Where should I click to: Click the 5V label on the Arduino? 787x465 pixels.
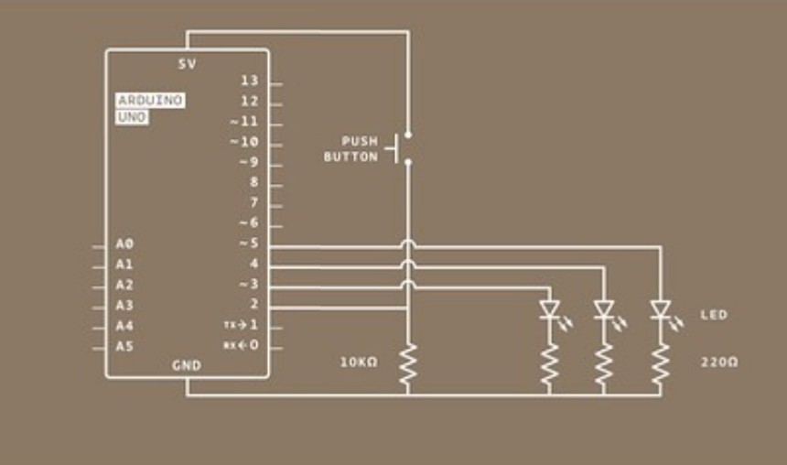click(x=188, y=64)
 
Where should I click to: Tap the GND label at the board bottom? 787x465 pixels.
click(x=187, y=365)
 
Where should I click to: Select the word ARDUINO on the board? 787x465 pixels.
click(x=150, y=100)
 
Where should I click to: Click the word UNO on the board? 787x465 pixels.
click(x=132, y=117)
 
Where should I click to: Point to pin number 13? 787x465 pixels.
click(x=250, y=81)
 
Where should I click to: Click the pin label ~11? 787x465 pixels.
click(x=244, y=121)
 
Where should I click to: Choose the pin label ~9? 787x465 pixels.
click(x=248, y=162)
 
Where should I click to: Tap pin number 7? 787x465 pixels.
click(x=254, y=202)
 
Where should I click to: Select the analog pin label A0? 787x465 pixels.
click(x=124, y=244)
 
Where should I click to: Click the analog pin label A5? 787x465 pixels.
click(x=124, y=346)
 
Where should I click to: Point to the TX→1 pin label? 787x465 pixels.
click(x=241, y=325)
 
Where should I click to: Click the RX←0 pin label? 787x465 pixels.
click(x=241, y=345)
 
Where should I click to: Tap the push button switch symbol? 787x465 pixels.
click(x=399, y=148)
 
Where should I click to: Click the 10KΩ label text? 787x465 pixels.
click(x=359, y=362)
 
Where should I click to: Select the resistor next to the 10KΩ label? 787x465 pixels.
click(x=407, y=364)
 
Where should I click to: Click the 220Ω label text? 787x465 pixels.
click(x=719, y=362)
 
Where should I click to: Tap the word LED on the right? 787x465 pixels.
click(x=714, y=315)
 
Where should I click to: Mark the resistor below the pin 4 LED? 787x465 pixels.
click(x=603, y=364)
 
